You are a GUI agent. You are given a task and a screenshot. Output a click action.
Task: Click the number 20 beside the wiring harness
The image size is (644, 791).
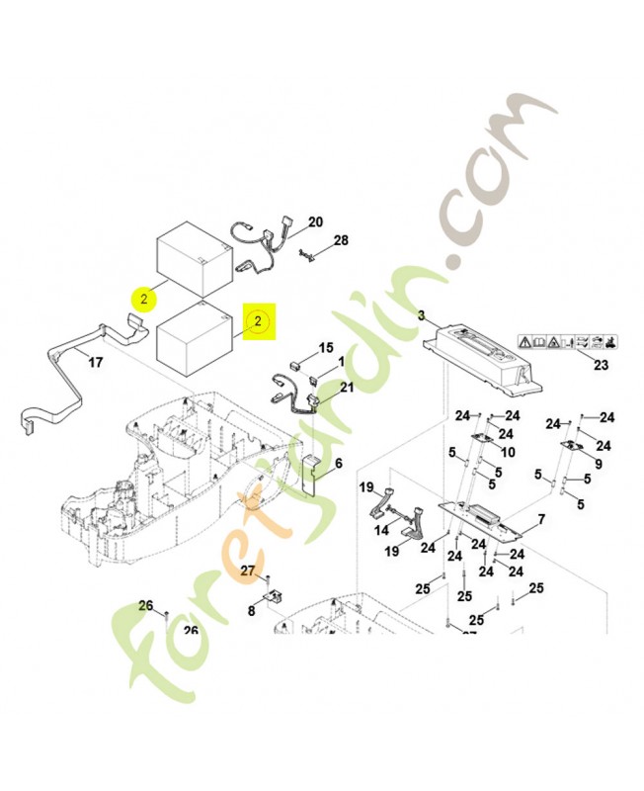point(316,221)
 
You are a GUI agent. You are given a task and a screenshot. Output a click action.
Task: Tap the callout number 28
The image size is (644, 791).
point(341,241)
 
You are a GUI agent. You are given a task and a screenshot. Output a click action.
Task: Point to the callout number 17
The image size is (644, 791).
point(95,362)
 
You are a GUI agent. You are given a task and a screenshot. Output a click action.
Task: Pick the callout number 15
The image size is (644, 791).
point(326,348)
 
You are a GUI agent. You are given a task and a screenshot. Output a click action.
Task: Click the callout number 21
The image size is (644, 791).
point(346,387)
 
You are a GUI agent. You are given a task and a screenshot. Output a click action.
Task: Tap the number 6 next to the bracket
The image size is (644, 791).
point(339,463)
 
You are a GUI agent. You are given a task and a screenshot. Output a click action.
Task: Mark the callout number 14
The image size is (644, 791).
point(381,531)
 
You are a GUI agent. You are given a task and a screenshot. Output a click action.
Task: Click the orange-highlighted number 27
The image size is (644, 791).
point(247,570)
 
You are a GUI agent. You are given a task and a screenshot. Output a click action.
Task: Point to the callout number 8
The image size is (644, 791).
point(251,612)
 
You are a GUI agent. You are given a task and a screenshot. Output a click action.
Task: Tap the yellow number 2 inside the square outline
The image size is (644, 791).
point(257,321)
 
